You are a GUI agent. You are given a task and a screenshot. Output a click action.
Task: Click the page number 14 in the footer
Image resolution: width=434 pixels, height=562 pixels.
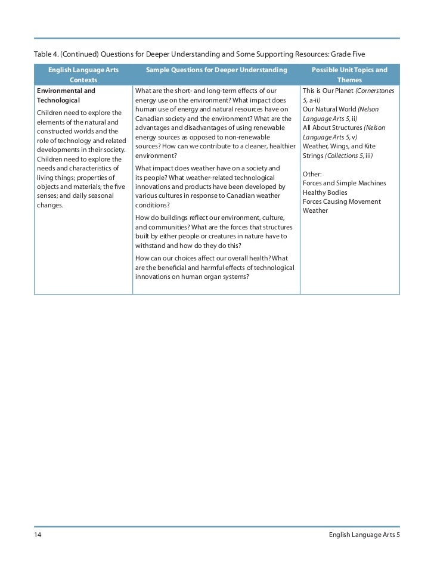click(37, 535)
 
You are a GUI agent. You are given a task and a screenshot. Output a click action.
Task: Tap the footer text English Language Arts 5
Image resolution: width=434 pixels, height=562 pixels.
click(364, 535)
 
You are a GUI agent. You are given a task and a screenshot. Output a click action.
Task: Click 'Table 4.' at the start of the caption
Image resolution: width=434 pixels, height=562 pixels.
click(46, 55)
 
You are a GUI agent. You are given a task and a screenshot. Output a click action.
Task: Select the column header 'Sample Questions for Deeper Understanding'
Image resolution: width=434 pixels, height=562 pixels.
click(216, 70)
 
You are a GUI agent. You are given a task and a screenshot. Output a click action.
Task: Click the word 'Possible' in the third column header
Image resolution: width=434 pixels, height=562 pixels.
click(325, 70)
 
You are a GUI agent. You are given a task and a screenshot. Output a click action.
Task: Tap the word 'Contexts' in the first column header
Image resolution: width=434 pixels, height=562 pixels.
click(83, 80)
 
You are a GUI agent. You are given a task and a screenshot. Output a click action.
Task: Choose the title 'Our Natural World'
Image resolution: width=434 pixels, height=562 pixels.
click(329, 110)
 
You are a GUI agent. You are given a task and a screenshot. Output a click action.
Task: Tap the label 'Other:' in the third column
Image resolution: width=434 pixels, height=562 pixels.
click(312, 174)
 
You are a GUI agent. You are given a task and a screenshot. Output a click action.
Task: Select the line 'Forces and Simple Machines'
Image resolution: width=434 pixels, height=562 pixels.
click(344, 183)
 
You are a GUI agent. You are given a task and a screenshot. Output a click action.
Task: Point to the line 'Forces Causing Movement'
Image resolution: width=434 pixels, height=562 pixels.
click(342, 201)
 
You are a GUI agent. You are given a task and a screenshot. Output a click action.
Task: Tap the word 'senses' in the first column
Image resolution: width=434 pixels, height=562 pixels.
click(47, 195)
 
